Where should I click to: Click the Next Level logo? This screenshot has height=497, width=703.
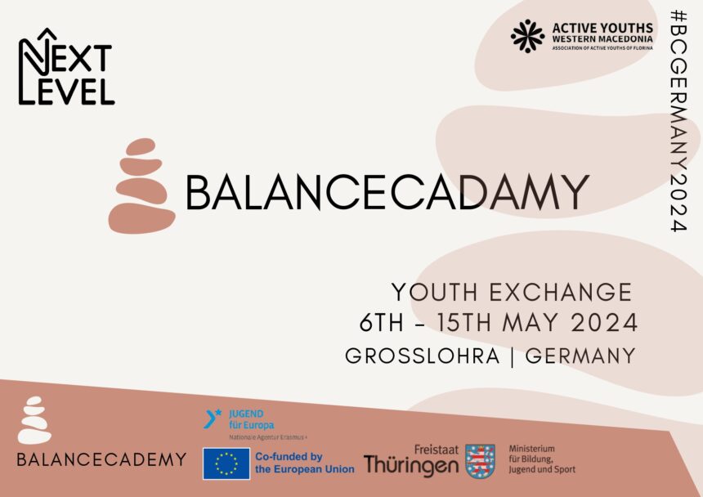[66, 67]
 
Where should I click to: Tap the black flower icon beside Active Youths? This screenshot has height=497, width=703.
[528, 36]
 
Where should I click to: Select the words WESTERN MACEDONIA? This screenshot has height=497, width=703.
[602, 39]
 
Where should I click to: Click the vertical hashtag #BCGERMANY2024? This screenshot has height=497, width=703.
[678, 120]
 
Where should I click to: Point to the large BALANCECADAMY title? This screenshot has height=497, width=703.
[387, 192]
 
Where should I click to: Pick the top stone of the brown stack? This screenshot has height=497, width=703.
[141, 146]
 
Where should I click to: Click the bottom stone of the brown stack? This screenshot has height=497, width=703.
[141, 218]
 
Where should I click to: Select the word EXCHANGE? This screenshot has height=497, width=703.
[561, 293]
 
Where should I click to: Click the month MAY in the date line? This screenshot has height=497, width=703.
[531, 323]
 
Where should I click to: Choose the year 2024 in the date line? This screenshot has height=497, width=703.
[605, 323]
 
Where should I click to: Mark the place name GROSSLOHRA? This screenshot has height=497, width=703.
[423, 356]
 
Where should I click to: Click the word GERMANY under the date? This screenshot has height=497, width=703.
[580, 356]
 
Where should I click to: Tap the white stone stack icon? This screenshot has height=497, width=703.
[34, 420]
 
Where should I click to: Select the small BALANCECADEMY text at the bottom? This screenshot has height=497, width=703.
[101, 459]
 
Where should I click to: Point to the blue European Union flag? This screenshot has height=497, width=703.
[226, 463]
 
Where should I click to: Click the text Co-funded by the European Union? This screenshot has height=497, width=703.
[304, 463]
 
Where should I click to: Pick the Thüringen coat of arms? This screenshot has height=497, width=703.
[480, 461]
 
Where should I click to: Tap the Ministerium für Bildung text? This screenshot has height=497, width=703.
[542, 459]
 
